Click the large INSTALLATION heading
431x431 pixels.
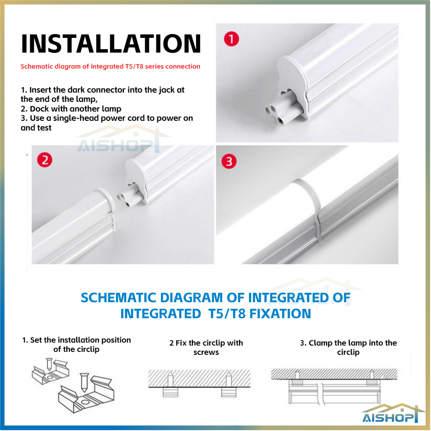111,43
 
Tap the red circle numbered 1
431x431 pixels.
231,39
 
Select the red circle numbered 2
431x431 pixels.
45,160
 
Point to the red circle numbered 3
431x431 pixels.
229,161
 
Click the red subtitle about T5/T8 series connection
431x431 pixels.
110,67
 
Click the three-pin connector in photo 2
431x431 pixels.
130,196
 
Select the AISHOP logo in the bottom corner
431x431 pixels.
390,414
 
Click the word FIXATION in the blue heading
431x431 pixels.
280,314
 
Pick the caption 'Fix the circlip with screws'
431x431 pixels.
206,347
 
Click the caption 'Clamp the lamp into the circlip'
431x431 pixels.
348,347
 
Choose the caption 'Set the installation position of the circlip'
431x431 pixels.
77,344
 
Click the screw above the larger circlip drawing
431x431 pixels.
84,382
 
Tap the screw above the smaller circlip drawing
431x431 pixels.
49,364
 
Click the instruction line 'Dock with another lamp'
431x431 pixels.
71,109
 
